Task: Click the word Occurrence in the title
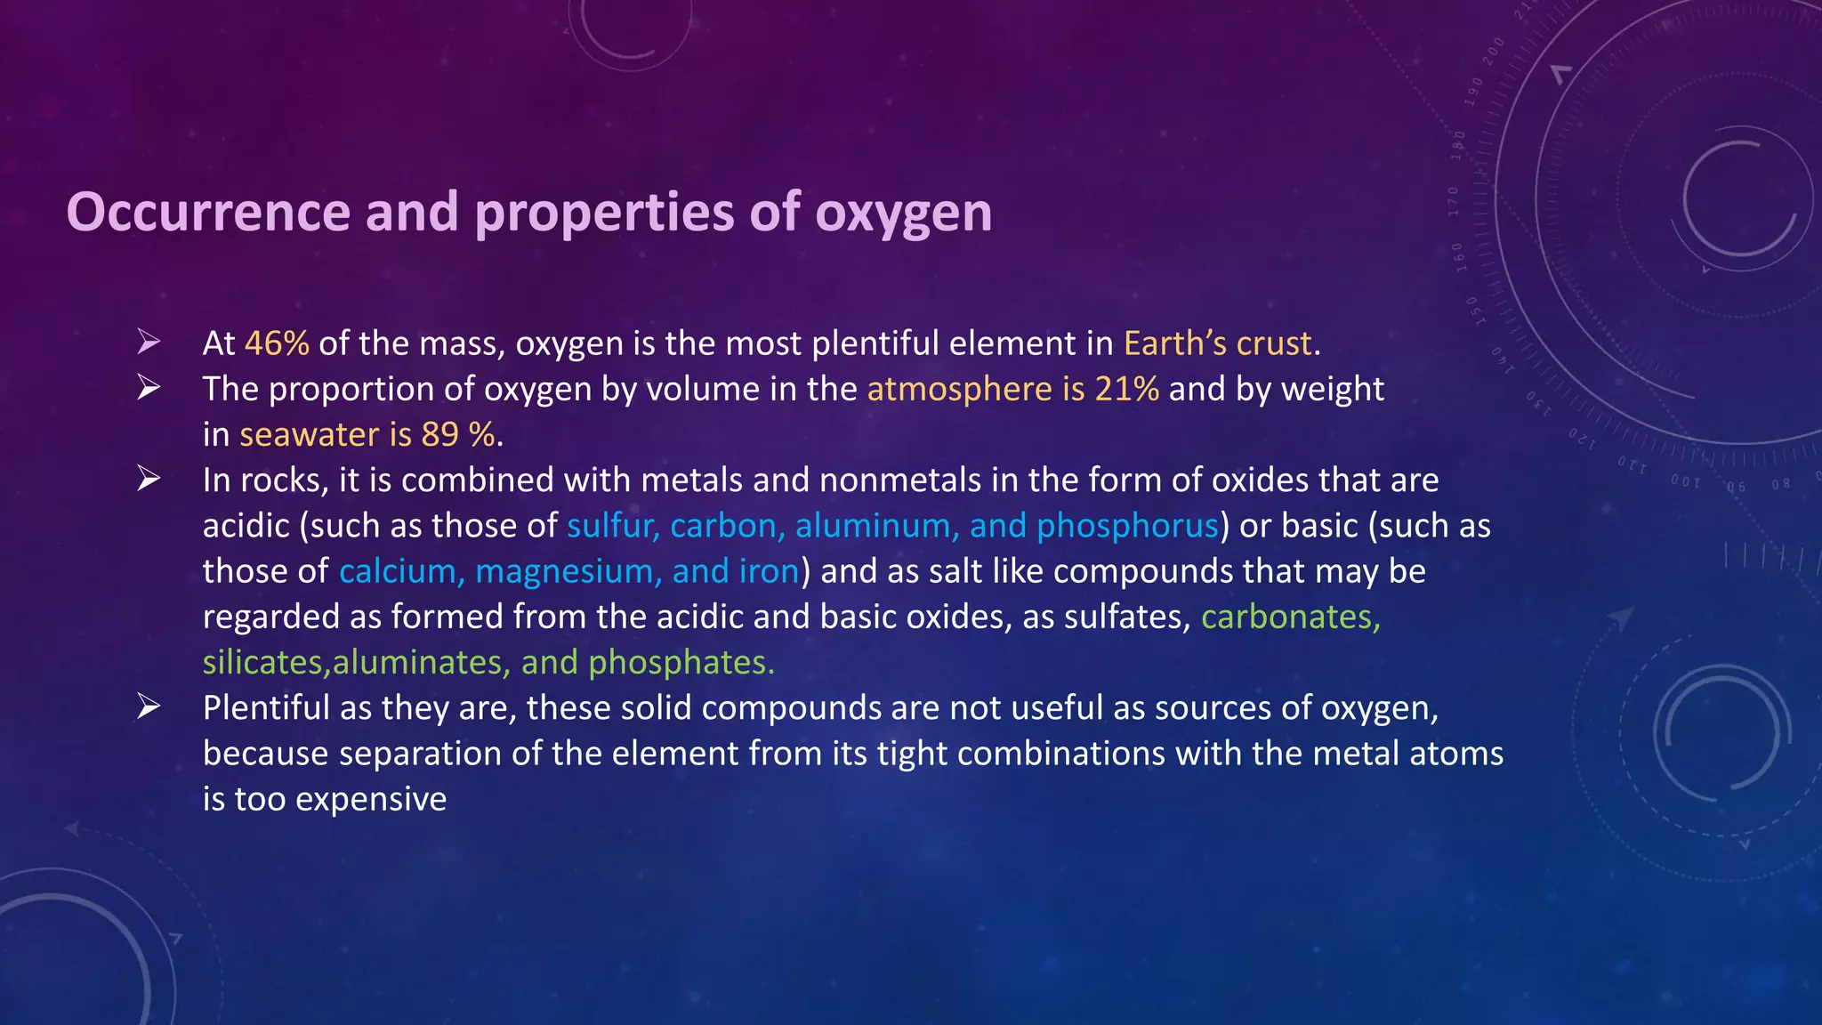208,213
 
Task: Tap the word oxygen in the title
903,214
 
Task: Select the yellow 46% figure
277,343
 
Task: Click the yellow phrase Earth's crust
1218,343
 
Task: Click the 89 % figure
457,434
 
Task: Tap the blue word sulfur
612,526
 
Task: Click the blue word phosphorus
1127,526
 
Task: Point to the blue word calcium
401,571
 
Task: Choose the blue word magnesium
568,571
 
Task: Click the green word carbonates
1290,617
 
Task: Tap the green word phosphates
681,662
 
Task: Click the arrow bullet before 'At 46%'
149,342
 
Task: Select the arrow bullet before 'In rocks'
149,479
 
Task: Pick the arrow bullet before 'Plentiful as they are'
149,706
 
